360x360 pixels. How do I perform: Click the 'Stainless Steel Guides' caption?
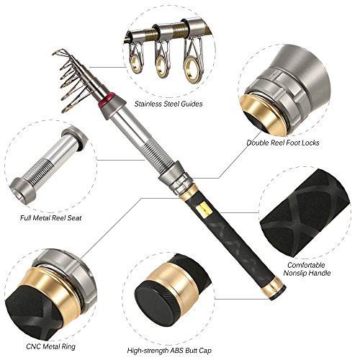pyautogui.click(x=168, y=104)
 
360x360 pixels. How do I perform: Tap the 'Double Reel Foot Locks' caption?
pyautogui.click(x=283, y=143)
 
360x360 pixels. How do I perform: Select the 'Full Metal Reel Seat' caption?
pyautogui.click(x=51, y=218)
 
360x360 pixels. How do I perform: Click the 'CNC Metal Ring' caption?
pyautogui.click(x=50, y=346)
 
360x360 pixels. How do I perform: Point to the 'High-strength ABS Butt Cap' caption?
pyautogui.click(x=169, y=351)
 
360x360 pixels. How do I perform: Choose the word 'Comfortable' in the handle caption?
pyautogui.click(x=306, y=265)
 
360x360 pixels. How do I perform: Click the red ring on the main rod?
pyautogui.click(x=107, y=99)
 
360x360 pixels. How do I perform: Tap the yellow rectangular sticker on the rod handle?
pyautogui.click(x=204, y=210)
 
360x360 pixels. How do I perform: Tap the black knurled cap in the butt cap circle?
pyautogui.click(x=157, y=302)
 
